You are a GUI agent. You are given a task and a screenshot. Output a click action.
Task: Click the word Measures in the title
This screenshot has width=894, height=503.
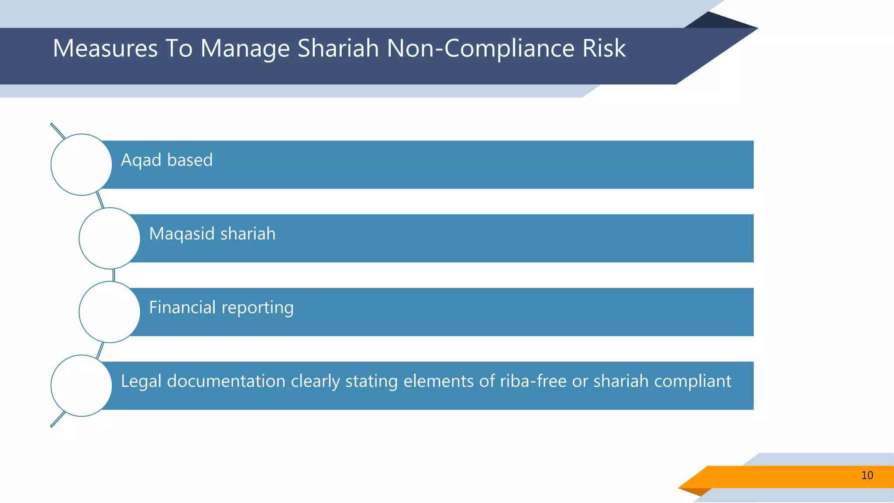click(x=105, y=48)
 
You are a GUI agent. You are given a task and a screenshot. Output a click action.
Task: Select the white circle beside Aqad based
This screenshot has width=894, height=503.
click(x=81, y=165)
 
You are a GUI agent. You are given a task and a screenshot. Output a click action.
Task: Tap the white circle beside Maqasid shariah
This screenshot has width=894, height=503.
click(x=110, y=238)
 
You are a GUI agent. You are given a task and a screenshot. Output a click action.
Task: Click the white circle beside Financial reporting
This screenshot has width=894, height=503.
click(x=110, y=312)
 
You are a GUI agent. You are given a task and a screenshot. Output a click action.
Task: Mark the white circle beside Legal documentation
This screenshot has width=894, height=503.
click(x=81, y=386)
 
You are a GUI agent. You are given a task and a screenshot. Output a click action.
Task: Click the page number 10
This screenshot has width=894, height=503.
click(x=867, y=475)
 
